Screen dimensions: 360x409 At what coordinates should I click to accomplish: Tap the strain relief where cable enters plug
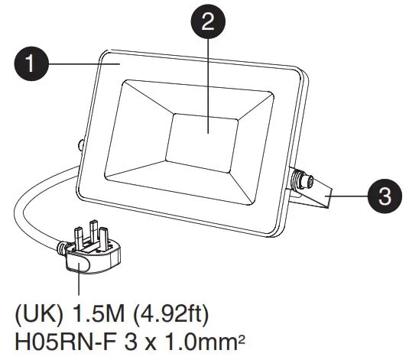(63, 246)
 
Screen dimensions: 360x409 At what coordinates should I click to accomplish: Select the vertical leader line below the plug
(80, 284)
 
